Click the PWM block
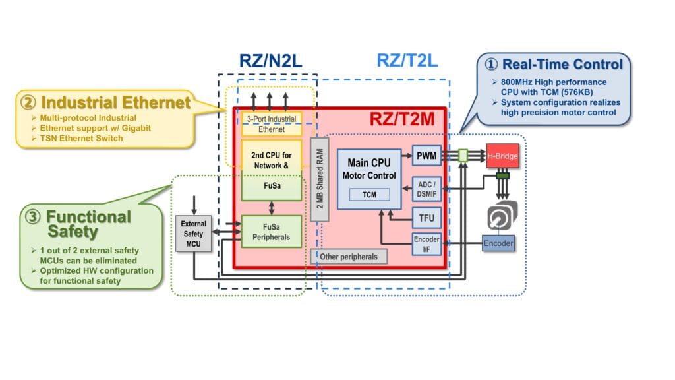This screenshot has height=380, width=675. (x=426, y=156)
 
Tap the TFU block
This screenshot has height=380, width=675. (x=426, y=217)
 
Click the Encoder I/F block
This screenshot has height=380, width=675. (x=426, y=244)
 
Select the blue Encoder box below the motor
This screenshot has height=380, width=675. (x=499, y=243)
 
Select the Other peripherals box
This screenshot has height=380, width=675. (x=349, y=255)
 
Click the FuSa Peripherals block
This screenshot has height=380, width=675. (x=272, y=232)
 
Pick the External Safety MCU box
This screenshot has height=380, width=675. (x=194, y=234)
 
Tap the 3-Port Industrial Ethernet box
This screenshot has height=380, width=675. (x=271, y=124)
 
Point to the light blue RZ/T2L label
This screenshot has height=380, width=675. (x=407, y=61)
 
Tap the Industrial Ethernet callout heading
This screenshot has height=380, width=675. (x=116, y=103)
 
